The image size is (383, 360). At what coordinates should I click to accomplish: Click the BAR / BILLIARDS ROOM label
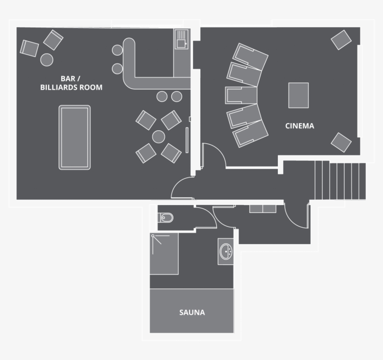[x=71, y=83]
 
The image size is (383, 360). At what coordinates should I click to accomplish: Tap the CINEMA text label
[x=299, y=126]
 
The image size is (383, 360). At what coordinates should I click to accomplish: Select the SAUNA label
[x=192, y=312]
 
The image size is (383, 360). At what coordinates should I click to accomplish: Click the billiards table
[x=74, y=137]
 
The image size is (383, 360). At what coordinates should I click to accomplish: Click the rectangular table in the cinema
[x=298, y=95]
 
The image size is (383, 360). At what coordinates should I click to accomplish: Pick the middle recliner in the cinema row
[x=241, y=95]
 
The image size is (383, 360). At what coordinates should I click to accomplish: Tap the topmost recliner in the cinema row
[x=251, y=56]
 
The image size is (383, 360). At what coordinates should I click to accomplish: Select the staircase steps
[x=340, y=180]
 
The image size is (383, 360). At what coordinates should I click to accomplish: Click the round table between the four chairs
[x=159, y=137]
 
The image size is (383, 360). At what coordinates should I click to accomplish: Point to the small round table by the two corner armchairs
[x=47, y=59]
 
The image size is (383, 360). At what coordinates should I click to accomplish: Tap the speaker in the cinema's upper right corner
[x=341, y=40]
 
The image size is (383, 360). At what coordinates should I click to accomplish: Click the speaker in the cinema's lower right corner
[x=341, y=142]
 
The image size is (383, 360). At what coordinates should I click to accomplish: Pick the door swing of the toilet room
[x=206, y=217]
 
